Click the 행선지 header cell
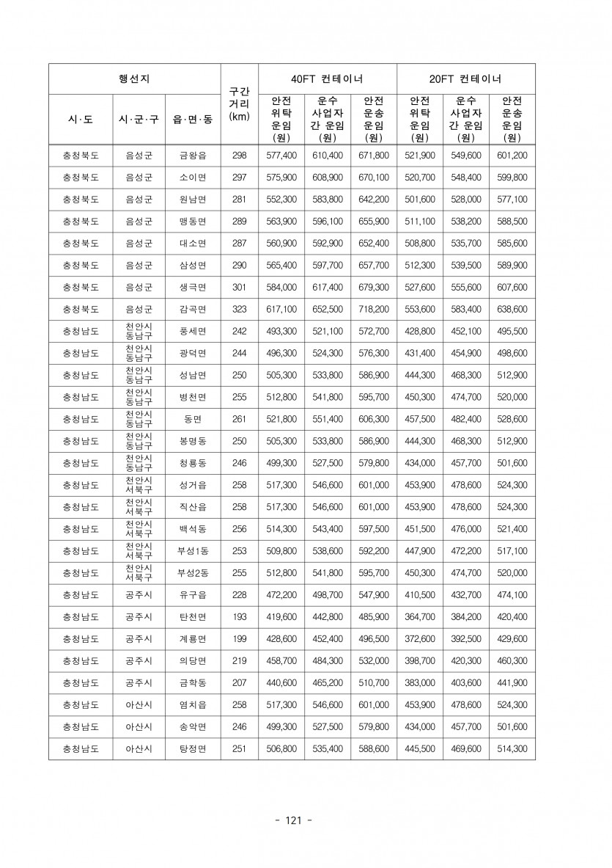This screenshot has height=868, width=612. point(134,79)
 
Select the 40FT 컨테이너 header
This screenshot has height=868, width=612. point(327,79)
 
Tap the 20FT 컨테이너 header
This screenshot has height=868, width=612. point(466,79)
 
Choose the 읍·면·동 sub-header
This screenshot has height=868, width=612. point(193,118)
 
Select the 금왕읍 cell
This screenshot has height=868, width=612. point(193,156)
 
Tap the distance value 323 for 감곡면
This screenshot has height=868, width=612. point(239,310)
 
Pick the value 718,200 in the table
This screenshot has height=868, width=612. point(374,310)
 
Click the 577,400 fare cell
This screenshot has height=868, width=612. point(281,156)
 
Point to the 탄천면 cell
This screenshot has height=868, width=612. point(193,617)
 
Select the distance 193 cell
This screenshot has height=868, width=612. point(239,617)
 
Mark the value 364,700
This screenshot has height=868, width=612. point(420,617)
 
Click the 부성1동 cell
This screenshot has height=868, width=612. point(193,551)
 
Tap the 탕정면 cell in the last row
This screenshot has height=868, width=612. point(193,749)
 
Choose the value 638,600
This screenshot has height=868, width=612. point(512,310)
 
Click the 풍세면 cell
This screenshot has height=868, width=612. point(193,332)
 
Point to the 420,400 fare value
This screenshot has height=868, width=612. point(512,617)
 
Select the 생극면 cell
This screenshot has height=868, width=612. point(193,288)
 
